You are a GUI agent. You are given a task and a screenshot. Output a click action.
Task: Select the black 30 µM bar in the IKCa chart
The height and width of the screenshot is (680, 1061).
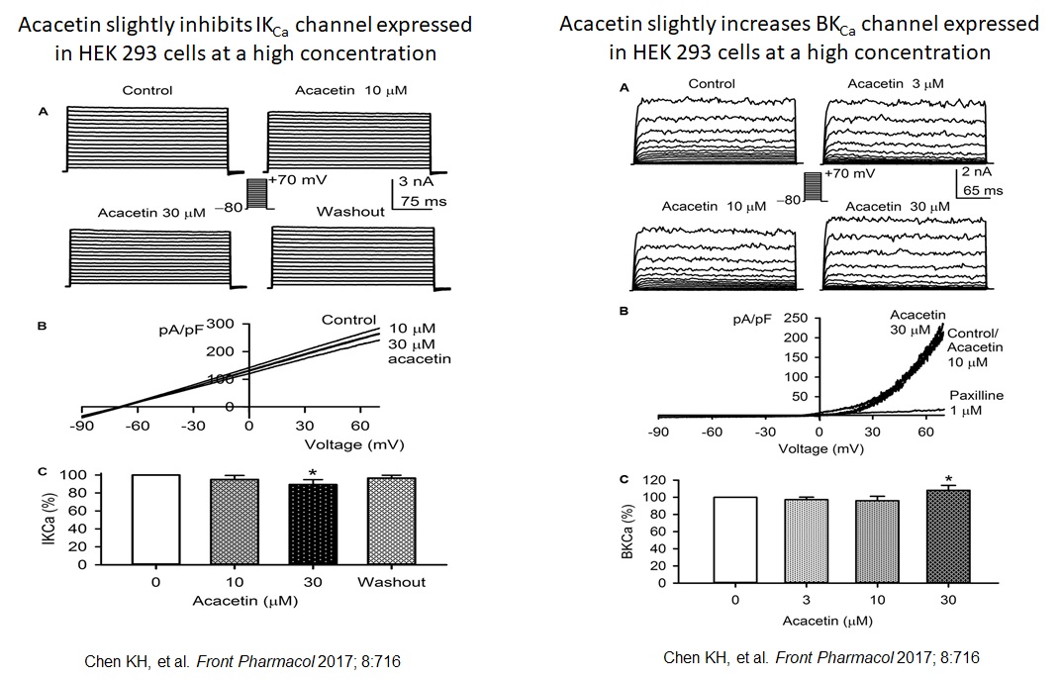coord(312,525)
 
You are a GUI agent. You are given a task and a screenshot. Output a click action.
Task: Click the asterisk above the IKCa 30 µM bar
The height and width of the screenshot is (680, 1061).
coord(312,474)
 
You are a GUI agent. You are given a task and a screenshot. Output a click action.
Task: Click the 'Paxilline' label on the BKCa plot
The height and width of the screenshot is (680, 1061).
coord(976,396)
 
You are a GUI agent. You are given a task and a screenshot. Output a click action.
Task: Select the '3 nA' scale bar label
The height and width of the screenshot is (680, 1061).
coord(417,182)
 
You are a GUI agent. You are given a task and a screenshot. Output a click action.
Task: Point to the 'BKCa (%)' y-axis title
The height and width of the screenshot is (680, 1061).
coord(626,536)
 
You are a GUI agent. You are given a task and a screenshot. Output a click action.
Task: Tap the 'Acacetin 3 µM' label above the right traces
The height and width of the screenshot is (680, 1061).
coord(895,84)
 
